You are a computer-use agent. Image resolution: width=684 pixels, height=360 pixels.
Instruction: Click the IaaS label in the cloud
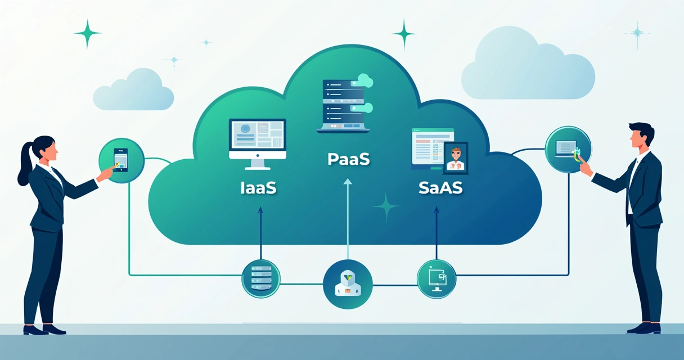257,188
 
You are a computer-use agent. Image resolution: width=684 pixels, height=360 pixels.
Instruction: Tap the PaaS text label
348,159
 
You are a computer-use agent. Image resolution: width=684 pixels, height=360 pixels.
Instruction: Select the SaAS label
440,188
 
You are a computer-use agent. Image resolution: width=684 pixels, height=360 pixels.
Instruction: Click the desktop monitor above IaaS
257,141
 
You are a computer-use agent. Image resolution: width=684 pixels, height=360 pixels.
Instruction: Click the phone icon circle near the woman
121,160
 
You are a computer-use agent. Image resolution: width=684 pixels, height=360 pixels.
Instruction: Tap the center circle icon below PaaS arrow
348,284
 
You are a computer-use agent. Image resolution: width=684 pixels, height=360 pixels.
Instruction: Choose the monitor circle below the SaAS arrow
436,278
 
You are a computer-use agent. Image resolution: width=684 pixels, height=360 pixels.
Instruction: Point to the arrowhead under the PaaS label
348,182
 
